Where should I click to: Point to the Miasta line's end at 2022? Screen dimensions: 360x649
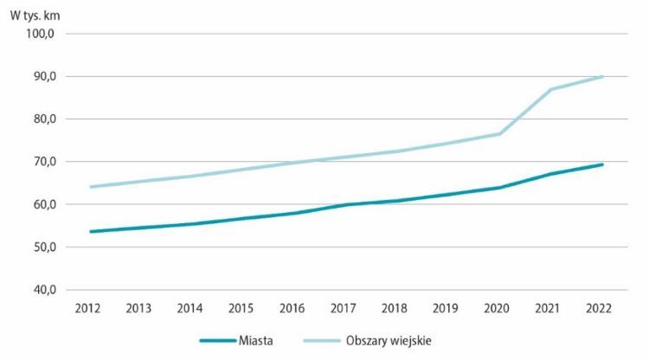(x=602, y=164)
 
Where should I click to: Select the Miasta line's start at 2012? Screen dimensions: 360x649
(x=90, y=231)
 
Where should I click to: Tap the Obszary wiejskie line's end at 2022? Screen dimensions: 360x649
(x=602, y=76)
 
